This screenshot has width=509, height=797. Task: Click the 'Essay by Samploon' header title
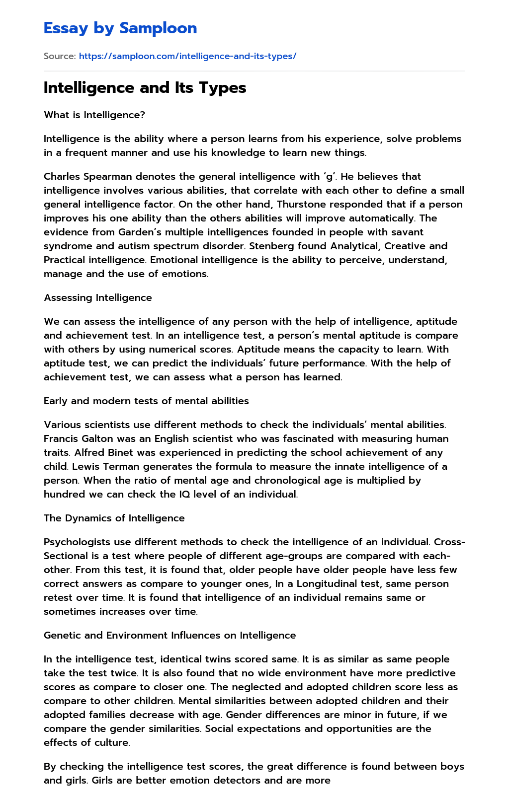point(120,28)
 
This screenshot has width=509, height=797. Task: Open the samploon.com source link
point(187,56)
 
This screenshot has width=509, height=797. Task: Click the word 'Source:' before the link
point(60,56)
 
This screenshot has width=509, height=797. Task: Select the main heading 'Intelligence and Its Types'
point(145,88)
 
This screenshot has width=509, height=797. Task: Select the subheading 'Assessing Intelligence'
point(98,297)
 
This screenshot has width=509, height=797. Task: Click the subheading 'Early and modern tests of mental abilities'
point(146,401)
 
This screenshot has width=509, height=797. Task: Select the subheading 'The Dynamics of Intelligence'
point(114,518)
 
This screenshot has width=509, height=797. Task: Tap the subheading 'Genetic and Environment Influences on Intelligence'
point(170,635)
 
